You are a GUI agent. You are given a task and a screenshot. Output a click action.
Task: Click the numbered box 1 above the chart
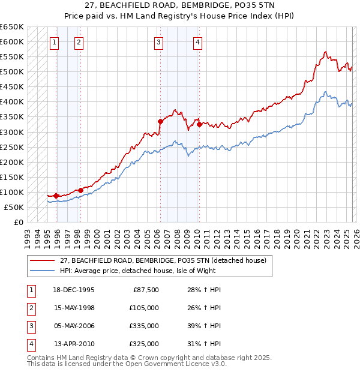pos(55,42)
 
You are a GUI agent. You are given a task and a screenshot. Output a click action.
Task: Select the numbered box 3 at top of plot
pos(158,42)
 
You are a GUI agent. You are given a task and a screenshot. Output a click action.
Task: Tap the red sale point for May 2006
pos(160,121)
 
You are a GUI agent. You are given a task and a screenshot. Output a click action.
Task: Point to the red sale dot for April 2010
pos(199,124)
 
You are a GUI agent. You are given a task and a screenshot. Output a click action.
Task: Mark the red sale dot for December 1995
pos(56,196)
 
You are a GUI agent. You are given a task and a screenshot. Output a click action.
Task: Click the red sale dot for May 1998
pos(80,190)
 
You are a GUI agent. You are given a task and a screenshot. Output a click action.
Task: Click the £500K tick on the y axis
pos(12,72)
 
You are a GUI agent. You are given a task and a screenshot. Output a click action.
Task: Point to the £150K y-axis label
pos(12,177)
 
